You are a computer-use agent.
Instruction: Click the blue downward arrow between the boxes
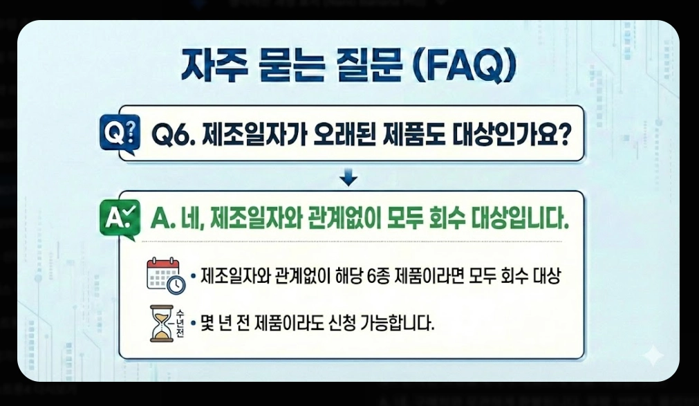[x=350, y=179]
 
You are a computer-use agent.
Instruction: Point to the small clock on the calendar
[x=176, y=284]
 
